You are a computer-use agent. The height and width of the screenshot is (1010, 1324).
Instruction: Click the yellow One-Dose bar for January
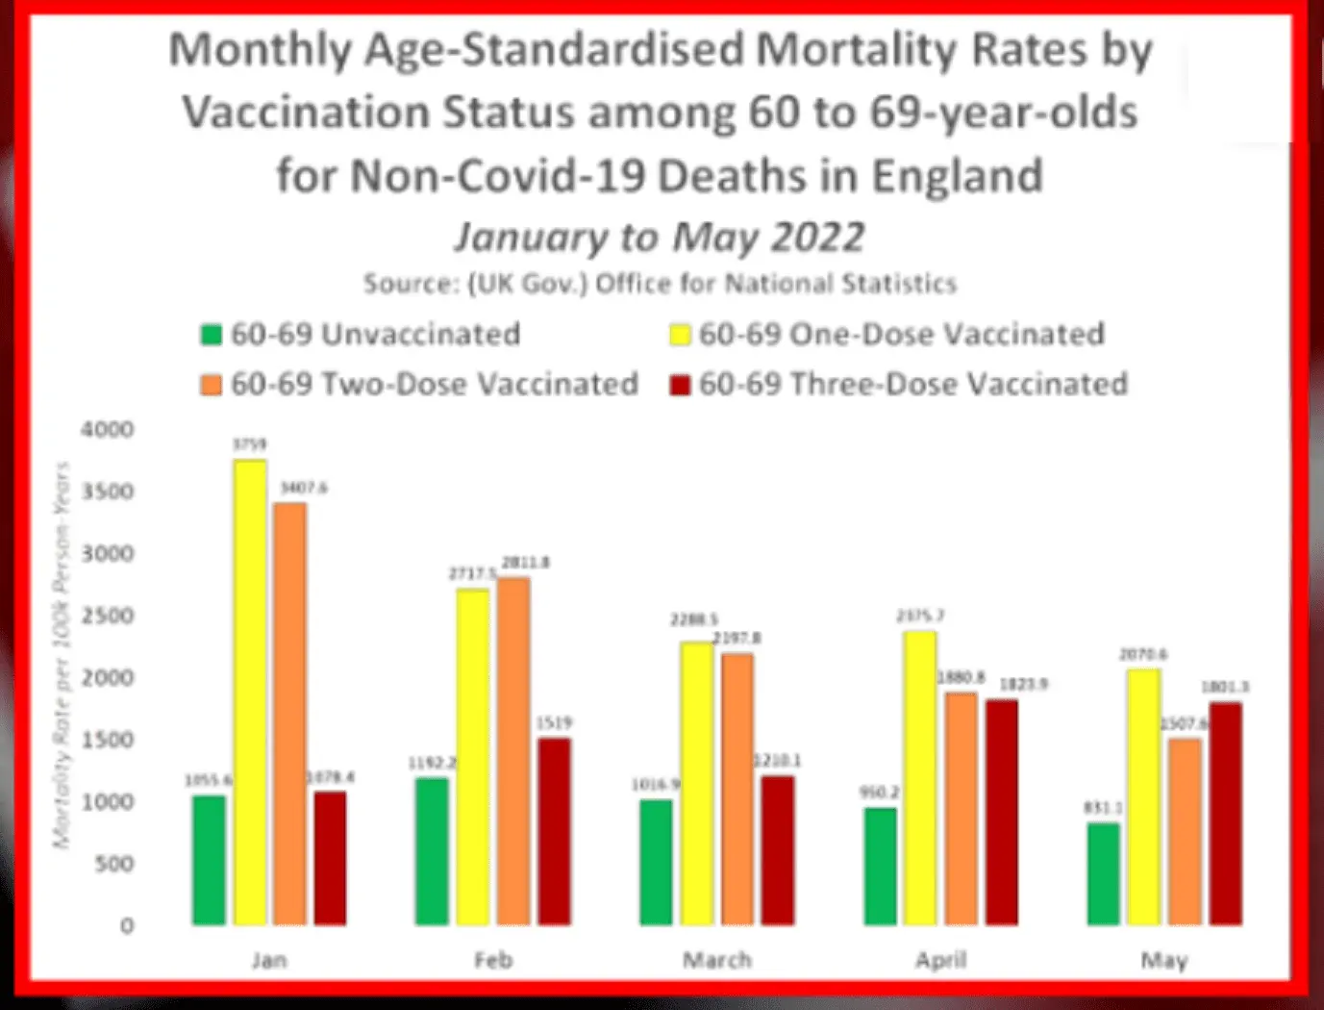click(x=250, y=693)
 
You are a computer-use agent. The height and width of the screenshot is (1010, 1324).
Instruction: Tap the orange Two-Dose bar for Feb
click(x=512, y=751)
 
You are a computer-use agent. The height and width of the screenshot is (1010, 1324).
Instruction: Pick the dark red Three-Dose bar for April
click(x=1001, y=812)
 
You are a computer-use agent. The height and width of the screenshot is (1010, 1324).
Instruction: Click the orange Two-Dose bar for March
click(x=737, y=789)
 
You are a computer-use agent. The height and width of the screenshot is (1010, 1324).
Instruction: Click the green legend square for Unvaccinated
click(x=211, y=335)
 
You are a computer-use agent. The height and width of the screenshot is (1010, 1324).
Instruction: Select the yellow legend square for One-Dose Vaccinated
click(x=680, y=335)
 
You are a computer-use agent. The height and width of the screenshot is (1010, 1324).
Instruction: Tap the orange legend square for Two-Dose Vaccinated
click(x=211, y=385)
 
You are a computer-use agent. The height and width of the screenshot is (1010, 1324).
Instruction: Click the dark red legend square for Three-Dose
click(x=680, y=385)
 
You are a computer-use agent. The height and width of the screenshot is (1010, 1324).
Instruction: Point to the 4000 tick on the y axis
click(x=107, y=429)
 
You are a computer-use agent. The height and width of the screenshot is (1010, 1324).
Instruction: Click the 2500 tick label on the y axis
click(x=107, y=616)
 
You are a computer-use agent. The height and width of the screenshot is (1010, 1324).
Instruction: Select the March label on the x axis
click(x=716, y=960)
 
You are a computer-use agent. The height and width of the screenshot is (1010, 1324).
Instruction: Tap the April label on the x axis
click(x=940, y=960)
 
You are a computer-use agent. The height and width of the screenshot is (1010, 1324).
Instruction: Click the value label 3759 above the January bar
click(x=249, y=444)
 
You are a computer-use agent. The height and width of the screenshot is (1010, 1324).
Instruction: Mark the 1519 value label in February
click(x=555, y=722)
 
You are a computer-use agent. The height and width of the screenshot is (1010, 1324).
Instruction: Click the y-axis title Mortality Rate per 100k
click(x=62, y=654)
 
